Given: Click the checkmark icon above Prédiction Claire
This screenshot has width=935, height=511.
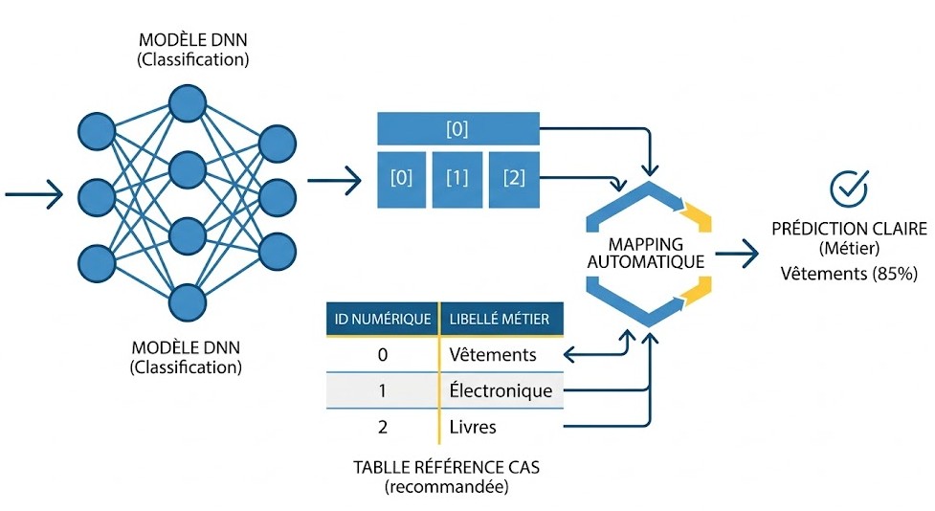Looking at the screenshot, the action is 849,189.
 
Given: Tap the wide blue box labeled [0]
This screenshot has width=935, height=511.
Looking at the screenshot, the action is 458,128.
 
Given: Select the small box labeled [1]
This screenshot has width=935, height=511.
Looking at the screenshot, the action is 457,180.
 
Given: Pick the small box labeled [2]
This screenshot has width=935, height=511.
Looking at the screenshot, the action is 514,180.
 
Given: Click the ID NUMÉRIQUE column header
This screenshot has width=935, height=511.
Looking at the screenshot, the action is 382,319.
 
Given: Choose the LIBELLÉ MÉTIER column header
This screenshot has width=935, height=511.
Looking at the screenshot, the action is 501,319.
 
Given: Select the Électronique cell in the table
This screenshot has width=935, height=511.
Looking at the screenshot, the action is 501,390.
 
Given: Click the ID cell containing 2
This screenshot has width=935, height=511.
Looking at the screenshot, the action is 382,427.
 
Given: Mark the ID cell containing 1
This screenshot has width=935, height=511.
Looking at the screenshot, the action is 382,390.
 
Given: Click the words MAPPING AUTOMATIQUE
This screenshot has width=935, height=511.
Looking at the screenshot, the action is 646,253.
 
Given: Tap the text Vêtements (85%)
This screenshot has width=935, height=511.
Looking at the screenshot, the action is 849,274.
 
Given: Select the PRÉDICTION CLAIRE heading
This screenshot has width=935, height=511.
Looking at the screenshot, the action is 849,229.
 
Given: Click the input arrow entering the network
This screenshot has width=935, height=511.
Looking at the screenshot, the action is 34,194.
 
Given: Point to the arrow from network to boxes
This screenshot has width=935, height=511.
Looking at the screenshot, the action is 335,180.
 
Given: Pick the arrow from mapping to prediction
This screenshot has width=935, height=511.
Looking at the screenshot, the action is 737,254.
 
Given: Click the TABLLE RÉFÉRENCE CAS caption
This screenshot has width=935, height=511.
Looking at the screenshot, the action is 446,467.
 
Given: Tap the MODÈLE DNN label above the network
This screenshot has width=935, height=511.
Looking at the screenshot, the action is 192,40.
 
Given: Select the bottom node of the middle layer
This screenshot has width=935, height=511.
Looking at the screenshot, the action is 188,303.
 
